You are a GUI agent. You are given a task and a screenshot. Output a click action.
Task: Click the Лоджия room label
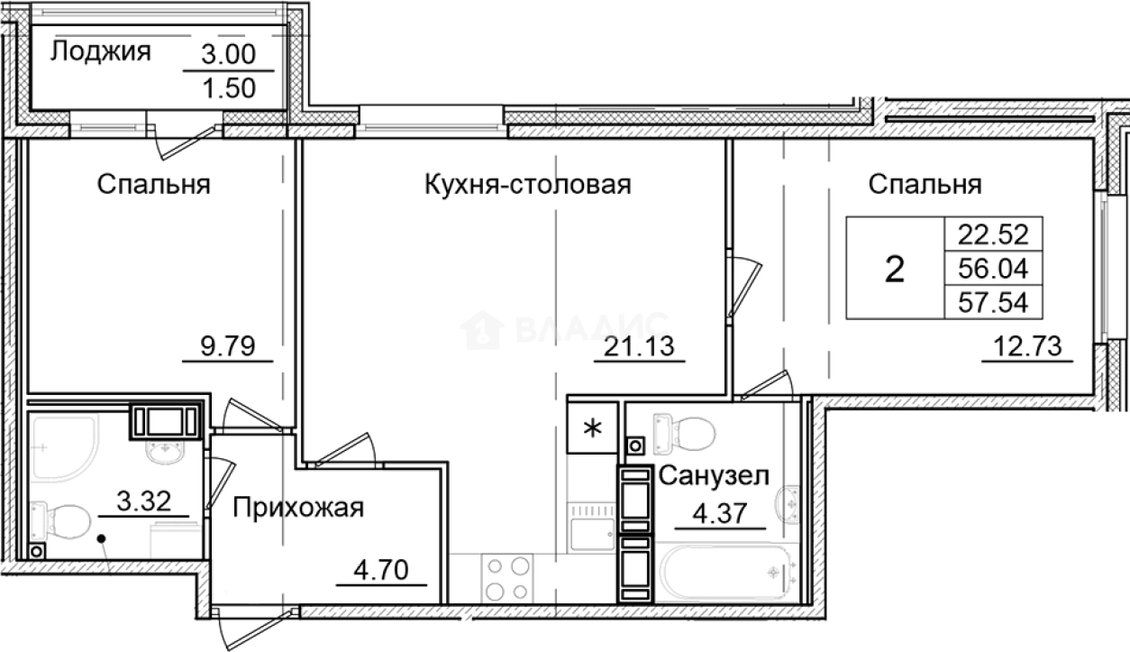tap(99, 52)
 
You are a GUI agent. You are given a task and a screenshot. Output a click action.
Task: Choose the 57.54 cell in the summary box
tap(992, 300)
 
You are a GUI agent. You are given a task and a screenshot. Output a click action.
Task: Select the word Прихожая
tap(298, 509)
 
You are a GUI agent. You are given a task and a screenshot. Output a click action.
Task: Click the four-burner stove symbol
tap(507, 578)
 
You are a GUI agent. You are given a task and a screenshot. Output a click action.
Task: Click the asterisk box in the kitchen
tap(592, 427)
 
